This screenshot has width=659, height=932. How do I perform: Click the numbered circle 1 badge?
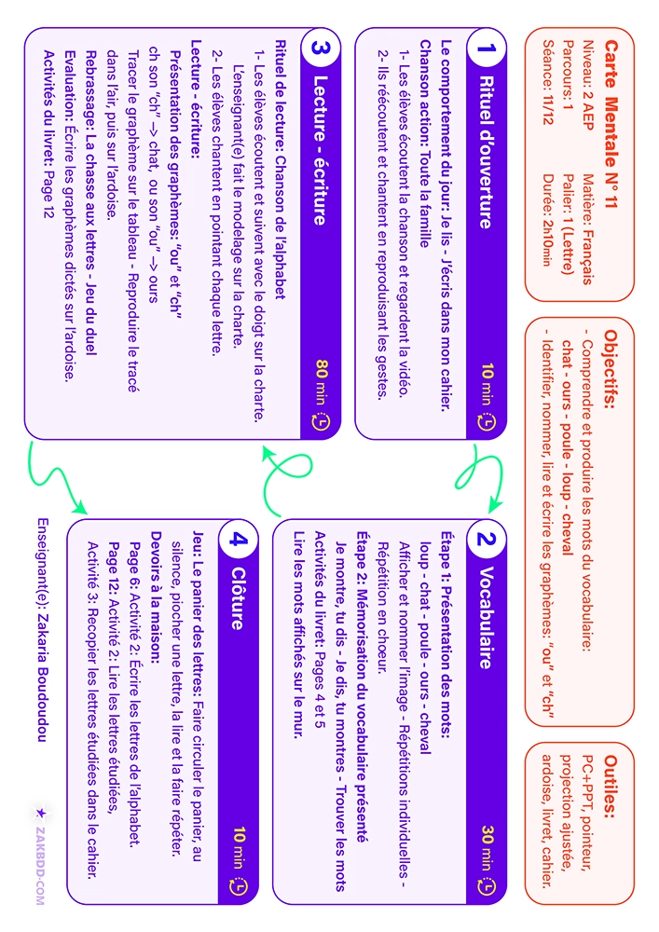click(486, 48)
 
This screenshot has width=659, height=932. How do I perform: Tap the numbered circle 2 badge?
click(486, 540)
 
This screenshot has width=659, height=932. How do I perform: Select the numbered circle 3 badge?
click(321, 48)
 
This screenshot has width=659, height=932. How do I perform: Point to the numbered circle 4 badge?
click(238, 540)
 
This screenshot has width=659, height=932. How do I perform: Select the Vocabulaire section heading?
click(486, 618)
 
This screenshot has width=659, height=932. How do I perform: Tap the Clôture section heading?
click(238, 598)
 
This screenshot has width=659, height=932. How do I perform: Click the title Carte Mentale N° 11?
click(611, 124)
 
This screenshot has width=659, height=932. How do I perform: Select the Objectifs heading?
click(611, 369)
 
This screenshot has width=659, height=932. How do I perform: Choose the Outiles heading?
click(611, 786)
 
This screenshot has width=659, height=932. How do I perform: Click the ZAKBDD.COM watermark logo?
click(40, 857)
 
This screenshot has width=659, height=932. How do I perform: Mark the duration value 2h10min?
click(548, 243)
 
